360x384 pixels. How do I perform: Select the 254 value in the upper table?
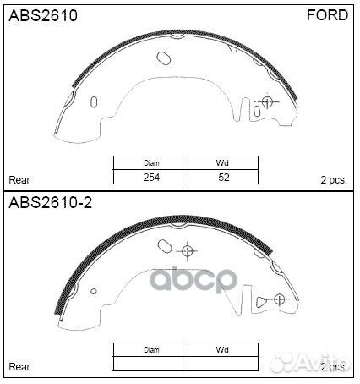[x=152, y=178]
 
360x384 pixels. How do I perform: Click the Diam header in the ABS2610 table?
[x=152, y=163]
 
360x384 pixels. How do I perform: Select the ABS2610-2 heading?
[x=50, y=204]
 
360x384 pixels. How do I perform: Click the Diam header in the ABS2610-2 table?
[x=152, y=348]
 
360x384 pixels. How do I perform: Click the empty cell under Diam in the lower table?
[x=152, y=363]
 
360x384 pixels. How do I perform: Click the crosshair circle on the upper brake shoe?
[x=269, y=102]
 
